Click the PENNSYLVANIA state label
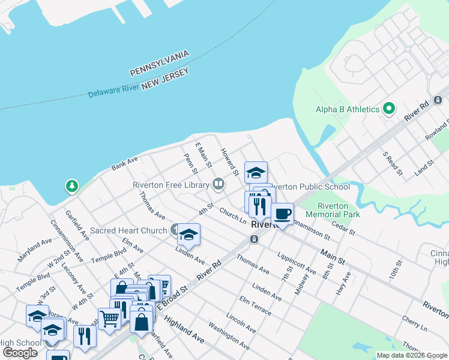[160, 63]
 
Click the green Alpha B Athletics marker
[389, 109]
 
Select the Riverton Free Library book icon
[218, 184]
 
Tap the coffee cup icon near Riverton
[282, 213]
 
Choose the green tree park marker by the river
[72, 186]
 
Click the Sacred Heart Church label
[128, 230]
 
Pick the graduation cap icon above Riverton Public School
[256, 173]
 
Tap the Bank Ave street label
[125, 164]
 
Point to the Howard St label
[229, 161]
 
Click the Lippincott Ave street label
[297, 263]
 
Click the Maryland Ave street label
[34, 251]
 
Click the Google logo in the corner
[20, 352]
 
